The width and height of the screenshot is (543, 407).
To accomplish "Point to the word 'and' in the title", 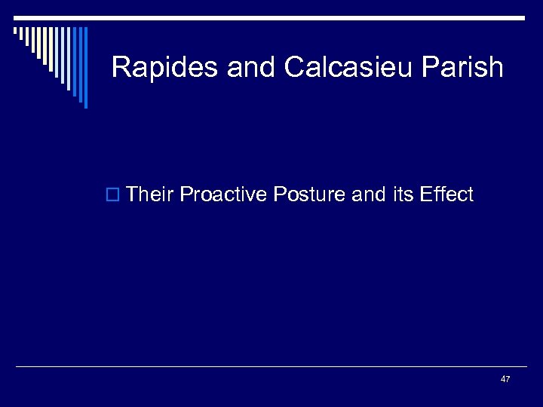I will [251, 68].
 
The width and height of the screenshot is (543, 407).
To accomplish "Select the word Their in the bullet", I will [151, 195].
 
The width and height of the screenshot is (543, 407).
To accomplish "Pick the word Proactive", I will [224, 195].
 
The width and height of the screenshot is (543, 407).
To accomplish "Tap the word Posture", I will [309, 195].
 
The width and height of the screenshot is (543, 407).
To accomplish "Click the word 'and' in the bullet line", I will [369, 195].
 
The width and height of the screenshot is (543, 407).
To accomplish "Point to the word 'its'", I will [403, 195].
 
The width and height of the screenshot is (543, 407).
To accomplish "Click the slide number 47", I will [505, 378].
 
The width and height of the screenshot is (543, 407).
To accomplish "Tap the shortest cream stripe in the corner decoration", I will [15, 32].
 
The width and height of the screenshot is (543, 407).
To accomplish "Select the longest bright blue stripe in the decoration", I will [85, 68].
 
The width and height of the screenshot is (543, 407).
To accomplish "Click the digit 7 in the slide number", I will [508, 378].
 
